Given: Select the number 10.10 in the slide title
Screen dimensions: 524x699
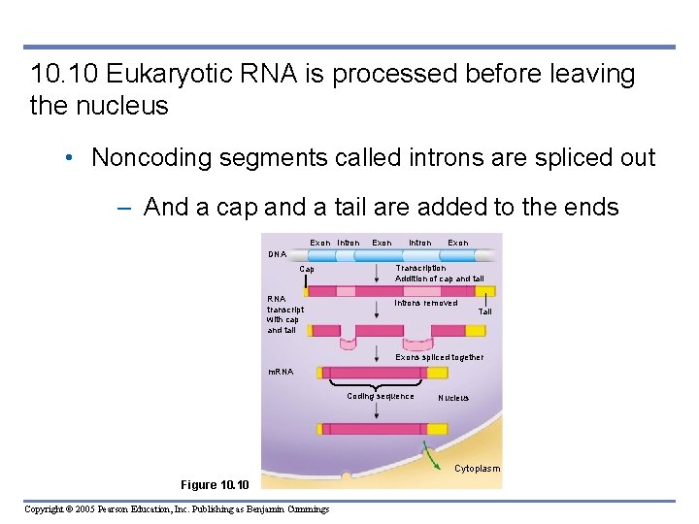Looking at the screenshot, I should point(63,75).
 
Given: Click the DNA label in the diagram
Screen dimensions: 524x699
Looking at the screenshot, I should point(278,254).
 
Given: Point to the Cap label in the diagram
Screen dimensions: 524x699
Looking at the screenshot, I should point(307,269).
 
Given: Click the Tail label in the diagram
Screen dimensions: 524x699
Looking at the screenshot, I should point(485,311).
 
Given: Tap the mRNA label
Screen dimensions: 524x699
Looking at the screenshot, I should point(281,372).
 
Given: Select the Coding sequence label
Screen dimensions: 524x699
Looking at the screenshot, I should point(381,396).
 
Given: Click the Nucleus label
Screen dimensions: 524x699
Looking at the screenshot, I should point(453,398).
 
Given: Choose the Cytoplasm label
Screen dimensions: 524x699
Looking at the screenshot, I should point(477,469).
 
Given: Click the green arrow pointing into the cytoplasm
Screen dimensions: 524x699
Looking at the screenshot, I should point(427,451).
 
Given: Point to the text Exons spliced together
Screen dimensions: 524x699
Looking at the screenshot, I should point(439,357).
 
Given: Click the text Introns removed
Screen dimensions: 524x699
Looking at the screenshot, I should point(425,303).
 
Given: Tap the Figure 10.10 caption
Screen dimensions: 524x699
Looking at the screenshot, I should point(215,484).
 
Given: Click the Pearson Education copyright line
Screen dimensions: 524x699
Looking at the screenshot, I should point(177,509).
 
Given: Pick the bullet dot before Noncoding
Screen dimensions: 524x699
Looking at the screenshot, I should point(75,158).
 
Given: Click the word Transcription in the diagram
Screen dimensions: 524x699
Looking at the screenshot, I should point(420,268).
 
